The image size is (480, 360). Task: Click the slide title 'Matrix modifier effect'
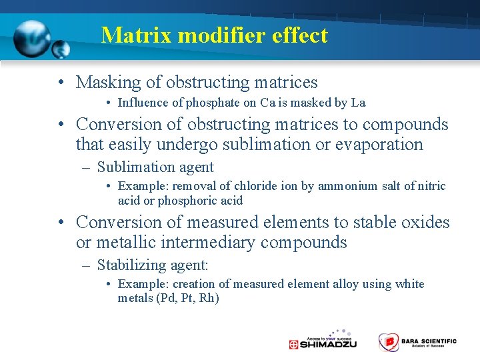coord(214,35)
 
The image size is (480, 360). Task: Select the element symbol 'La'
coord(358,103)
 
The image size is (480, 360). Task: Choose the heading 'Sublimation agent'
coord(155,167)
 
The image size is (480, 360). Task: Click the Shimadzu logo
coord(323,341)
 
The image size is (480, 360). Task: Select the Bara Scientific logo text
coord(429,342)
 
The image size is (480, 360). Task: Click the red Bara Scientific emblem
coord(388,342)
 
